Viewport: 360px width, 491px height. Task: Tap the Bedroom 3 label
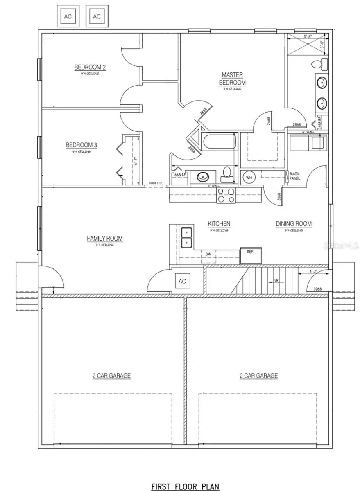[x=81, y=145]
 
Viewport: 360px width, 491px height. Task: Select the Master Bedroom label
[x=232, y=79]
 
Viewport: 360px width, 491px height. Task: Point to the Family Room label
[x=104, y=239]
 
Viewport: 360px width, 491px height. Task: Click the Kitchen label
[x=219, y=224]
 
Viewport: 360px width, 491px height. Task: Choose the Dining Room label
[x=294, y=224]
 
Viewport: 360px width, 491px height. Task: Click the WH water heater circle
[x=249, y=178]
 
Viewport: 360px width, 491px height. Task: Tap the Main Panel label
[x=295, y=176]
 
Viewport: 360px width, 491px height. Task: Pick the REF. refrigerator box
[x=251, y=252]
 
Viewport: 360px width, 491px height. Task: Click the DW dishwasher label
[x=208, y=255]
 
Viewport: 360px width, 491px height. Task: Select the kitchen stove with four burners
[x=226, y=196]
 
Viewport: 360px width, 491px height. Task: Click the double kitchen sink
[x=187, y=237]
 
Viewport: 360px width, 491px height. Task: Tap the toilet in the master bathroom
[x=319, y=64]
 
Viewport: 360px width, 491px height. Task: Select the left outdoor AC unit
[x=68, y=16]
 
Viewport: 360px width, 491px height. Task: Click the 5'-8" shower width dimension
[x=307, y=36]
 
